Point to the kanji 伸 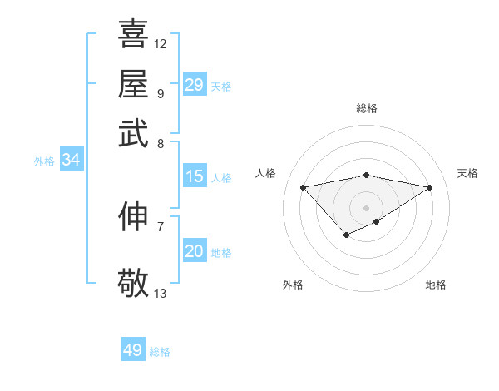[133, 215]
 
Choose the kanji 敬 [133, 282]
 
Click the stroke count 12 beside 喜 [160, 43]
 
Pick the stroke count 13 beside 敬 [160, 293]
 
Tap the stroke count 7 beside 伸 [160, 225]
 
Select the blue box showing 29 [194, 85]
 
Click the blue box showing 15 [194, 176]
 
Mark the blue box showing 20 [194, 251]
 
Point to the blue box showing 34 [71, 161]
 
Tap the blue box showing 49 [133, 350]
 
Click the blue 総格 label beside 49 [160, 352]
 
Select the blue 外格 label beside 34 [44, 161]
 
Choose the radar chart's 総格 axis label [366, 108]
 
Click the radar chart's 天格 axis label [467, 173]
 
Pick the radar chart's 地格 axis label [436, 285]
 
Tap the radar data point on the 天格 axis [430, 186]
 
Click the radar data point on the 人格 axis [303, 186]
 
